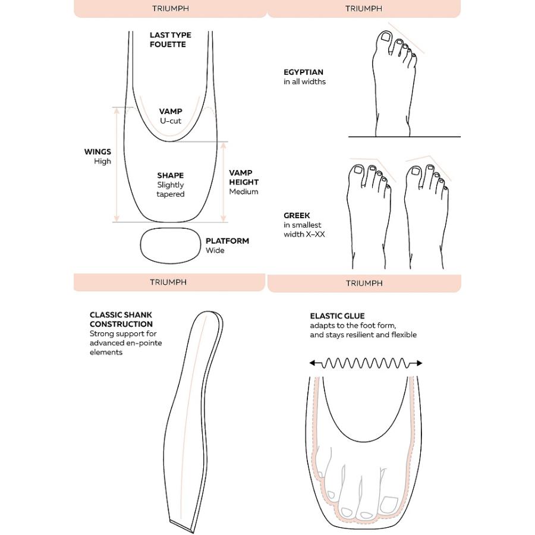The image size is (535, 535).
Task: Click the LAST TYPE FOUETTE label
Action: (170, 40)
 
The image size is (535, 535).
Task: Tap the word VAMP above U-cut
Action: (171, 111)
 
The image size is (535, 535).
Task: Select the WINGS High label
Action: (98, 156)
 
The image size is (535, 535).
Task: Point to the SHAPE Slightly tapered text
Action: (171, 184)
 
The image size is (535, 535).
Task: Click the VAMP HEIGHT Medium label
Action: (244, 182)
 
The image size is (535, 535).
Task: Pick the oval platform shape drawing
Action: (171, 244)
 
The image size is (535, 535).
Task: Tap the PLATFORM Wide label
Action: (227, 246)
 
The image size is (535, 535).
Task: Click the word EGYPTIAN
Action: (303, 72)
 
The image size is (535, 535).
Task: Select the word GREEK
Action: (297, 215)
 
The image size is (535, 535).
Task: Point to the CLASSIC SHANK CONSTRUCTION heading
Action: (121, 319)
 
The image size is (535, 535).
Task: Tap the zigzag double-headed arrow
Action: (366, 363)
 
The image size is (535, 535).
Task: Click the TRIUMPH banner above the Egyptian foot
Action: (364, 8)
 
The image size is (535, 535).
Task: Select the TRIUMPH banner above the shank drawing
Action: (168, 282)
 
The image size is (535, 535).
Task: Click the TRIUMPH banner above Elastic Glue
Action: (364, 283)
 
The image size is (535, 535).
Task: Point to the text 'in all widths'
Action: (304, 81)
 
